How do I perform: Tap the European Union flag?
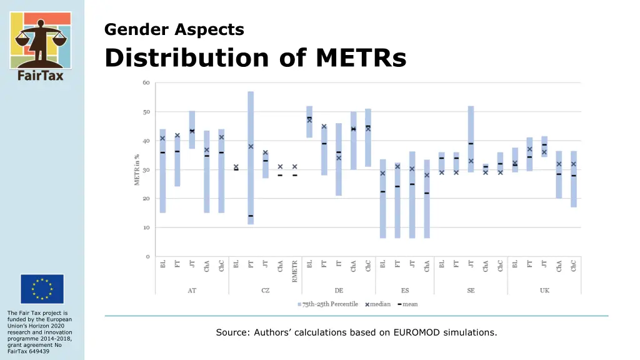click(x=41, y=289)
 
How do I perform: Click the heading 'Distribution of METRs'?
click(x=255, y=58)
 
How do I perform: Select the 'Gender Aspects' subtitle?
click(x=174, y=29)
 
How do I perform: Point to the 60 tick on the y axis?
click(x=146, y=82)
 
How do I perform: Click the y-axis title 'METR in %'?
click(x=137, y=169)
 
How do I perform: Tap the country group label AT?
click(x=192, y=291)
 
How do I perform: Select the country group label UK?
click(x=544, y=291)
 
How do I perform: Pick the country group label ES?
click(x=404, y=291)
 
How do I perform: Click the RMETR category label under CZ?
click(x=295, y=272)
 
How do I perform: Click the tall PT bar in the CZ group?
click(x=251, y=156)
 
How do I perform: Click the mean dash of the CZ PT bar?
click(x=251, y=216)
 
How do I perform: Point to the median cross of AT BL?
click(x=162, y=138)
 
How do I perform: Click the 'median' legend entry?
click(x=378, y=304)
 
